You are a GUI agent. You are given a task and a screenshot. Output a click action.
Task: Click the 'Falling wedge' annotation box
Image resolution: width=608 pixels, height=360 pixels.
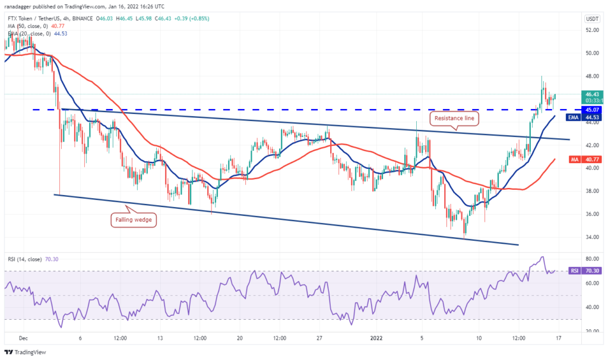[x=133, y=221]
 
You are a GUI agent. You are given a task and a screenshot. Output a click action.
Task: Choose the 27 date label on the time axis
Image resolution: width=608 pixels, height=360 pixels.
[x=319, y=338]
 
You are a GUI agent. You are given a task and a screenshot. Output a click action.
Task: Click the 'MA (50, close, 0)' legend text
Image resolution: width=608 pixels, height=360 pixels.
[x=28, y=26]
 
